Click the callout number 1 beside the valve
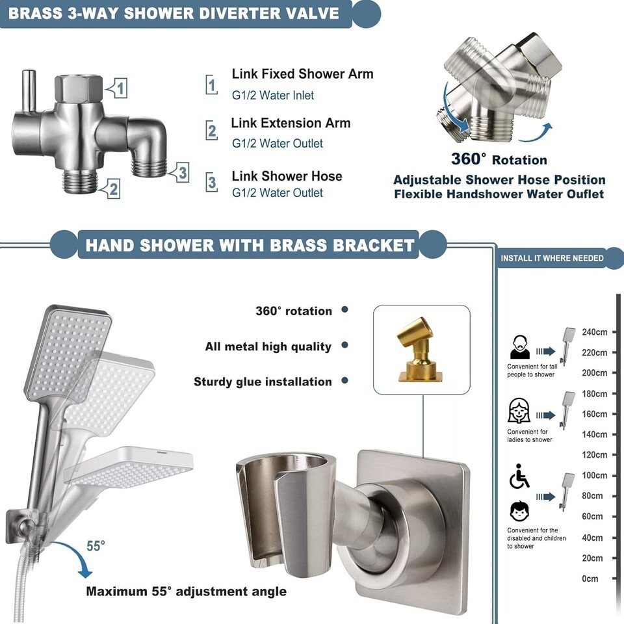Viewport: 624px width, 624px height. pyautogui.click(x=121, y=87)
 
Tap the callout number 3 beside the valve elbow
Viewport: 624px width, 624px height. pyautogui.click(x=183, y=173)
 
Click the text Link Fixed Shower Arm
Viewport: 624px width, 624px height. pyautogui.click(x=302, y=74)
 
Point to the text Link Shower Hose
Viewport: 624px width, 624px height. pyautogui.click(x=287, y=176)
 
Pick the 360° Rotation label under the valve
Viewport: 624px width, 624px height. pyautogui.click(x=499, y=159)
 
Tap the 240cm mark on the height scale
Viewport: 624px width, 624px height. pyautogui.click(x=594, y=332)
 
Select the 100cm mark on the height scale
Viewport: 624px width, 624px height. pyautogui.click(x=594, y=476)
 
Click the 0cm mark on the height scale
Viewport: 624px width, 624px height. pyautogui.click(x=590, y=578)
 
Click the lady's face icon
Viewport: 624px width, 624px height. pyautogui.click(x=519, y=411)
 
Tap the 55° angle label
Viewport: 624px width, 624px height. pyautogui.click(x=95, y=546)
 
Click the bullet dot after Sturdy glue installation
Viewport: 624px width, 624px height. pyautogui.click(x=344, y=381)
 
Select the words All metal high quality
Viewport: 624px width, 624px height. pyautogui.click(x=268, y=346)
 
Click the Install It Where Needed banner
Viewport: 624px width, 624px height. pyautogui.click(x=552, y=258)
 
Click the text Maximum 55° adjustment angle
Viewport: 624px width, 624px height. pyautogui.click(x=186, y=591)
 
